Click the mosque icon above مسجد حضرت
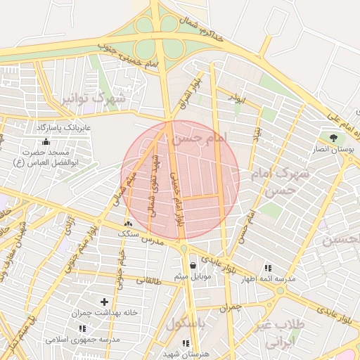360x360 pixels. tap(46, 143)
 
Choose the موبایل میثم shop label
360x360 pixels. tap(192, 276)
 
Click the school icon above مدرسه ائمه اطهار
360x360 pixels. tap(268, 268)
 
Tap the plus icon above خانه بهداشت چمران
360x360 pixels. tap(105, 302)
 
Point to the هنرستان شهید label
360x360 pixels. tap(186, 354)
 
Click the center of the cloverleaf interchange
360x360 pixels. tap(156, 35)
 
